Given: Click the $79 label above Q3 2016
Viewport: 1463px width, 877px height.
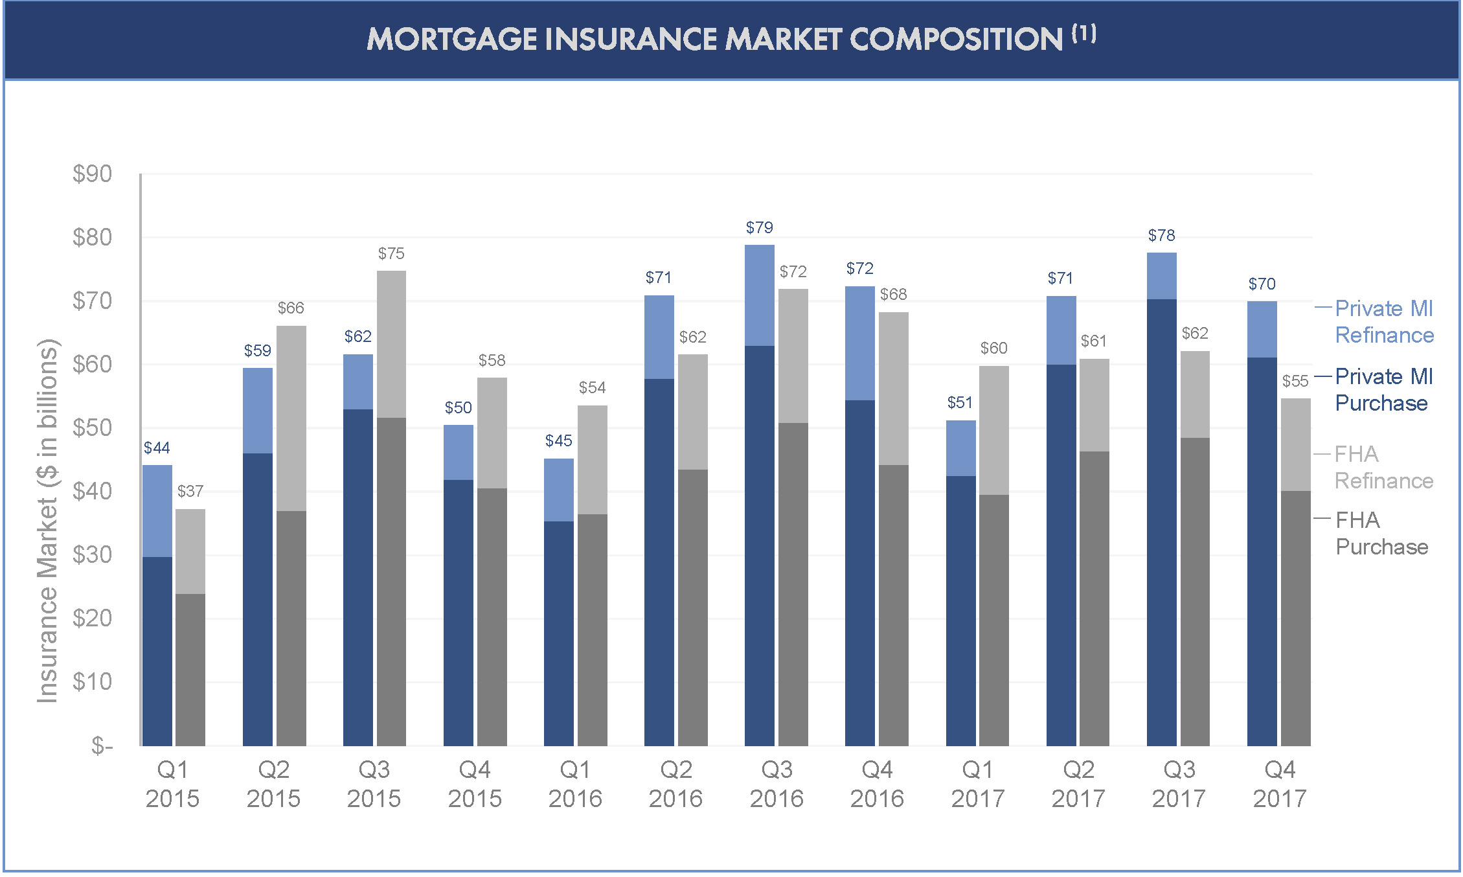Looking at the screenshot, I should click(759, 227).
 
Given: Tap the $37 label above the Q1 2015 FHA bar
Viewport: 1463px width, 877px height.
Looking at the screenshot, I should click(190, 491).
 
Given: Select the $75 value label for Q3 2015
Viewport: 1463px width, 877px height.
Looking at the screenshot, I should click(391, 253).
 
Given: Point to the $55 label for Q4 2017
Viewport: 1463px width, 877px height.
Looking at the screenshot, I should click(1295, 381).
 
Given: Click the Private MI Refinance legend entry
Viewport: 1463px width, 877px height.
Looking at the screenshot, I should click(1384, 322).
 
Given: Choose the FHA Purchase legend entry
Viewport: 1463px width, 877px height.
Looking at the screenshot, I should click(1381, 533).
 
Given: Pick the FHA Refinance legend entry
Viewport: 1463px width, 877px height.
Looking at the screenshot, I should click(1383, 467).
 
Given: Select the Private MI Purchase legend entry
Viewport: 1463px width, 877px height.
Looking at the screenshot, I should click(1383, 389).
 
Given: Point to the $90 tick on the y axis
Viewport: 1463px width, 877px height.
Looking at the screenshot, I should click(92, 174).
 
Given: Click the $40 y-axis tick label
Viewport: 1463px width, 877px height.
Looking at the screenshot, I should click(92, 491).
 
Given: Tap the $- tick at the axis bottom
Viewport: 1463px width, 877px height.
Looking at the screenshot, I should click(102, 746).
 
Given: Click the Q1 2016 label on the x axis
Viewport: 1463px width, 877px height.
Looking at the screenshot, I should click(575, 784).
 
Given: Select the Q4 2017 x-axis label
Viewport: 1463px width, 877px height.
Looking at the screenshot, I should click(1279, 784).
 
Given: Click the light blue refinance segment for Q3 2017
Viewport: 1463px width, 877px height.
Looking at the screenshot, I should click(1161, 276).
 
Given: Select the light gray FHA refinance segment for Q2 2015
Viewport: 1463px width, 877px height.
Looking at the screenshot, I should click(291, 418).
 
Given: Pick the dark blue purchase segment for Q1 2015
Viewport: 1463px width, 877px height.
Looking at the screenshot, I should click(157, 651).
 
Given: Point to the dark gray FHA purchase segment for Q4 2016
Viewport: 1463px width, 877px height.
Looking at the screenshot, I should click(893, 606).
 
